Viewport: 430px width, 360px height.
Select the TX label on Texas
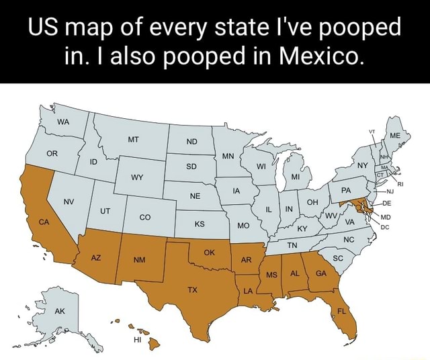pos(193,291)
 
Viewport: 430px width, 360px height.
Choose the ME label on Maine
pos(394,134)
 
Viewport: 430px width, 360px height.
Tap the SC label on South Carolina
pos(338,258)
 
